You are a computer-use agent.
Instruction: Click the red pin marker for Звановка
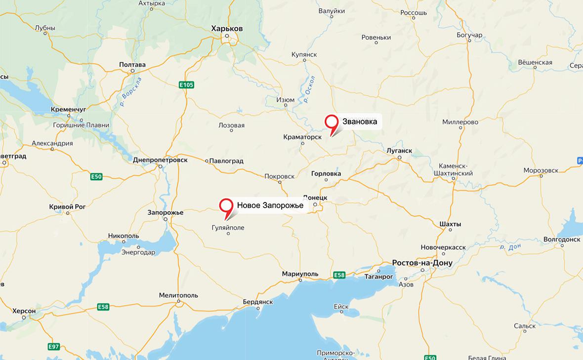point(331,122)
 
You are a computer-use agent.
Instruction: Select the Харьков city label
point(227,29)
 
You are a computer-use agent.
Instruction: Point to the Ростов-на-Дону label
point(422,263)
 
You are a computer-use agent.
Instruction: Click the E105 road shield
point(186,85)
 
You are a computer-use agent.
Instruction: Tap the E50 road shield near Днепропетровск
point(96,176)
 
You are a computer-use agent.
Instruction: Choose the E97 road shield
point(54,347)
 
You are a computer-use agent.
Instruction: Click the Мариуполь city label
point(300,274)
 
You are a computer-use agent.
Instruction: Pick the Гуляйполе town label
point(228,228)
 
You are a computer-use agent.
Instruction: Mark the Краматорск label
point(303,137)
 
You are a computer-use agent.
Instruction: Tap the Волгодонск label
point(561,239)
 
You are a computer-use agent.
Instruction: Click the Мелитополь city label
point(178,295)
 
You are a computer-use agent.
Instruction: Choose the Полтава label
point(132,65)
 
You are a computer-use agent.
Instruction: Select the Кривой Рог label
point(68,206)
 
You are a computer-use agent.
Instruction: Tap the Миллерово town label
point(460,121)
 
